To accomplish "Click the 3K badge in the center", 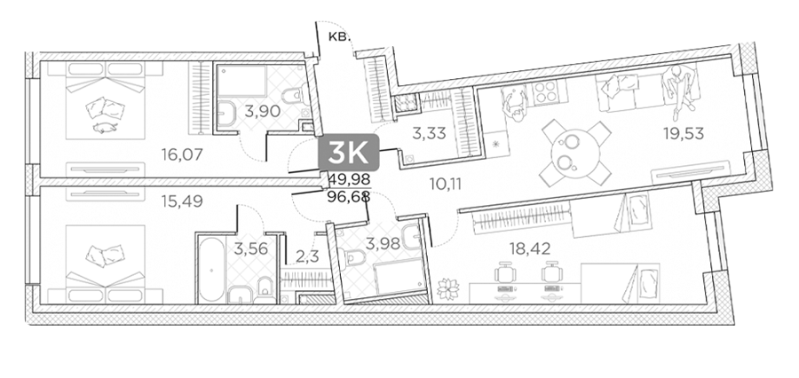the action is pos(349,153).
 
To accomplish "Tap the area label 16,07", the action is pos(182,154).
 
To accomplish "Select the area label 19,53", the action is pos(684,133).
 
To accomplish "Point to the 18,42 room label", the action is pos(531,248).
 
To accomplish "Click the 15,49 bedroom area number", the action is pos(182,201).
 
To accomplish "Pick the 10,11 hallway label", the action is pos(446,184).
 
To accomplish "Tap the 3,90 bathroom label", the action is pos(263,111).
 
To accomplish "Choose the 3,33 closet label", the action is pos(429,134).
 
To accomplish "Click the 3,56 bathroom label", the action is pos(250,248).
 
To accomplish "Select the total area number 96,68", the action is pos(351,195).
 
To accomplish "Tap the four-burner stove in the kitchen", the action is pos(550,93).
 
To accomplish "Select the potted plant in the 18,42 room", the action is pos(448,288).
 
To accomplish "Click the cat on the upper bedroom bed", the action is pos(105,128).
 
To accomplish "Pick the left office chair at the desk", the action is pos(504,272).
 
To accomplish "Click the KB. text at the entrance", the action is pos(339,36).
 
